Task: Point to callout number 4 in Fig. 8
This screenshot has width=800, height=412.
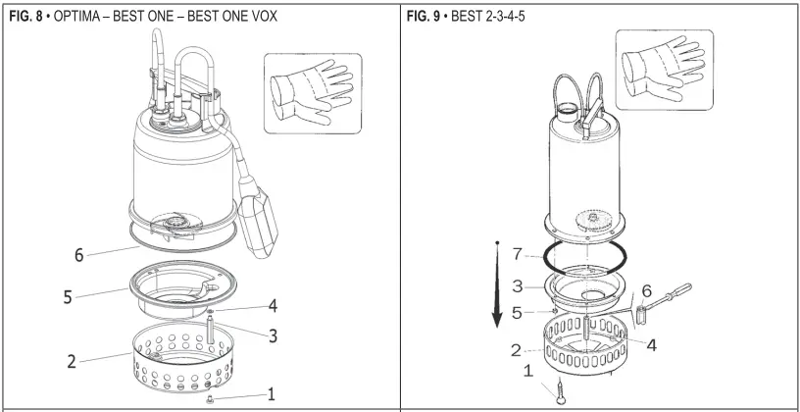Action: click(x=275, y=304)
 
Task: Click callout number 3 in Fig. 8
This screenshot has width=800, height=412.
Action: click(x=274, y=335)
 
